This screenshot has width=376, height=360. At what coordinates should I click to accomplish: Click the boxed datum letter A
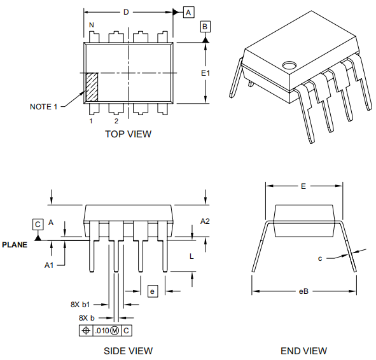pyautogui.click(x=188, y=12)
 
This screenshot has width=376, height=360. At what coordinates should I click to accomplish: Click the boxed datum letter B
pyautogui.click(x=205, y=26)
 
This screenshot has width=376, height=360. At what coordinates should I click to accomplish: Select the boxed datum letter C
pyautogui.click(x=38, y=224)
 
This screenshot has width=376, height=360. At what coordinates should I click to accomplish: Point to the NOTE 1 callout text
pyautogui.click(x=43, y=106)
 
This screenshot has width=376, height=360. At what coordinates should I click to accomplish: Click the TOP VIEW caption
pyautogui.click(x=128, y=134)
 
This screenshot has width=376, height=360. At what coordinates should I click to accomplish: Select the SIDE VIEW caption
pyautogui.click(x=128, y=350)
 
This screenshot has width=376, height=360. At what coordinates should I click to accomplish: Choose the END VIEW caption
pyautogui.click(x=303, y=350)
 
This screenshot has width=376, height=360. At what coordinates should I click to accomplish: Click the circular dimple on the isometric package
pyautogui.click(x=290, y=65)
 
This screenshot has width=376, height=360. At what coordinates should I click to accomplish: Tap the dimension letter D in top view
pyautogui.click(x=126, y=12)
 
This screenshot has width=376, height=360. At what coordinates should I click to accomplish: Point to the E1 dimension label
pyautogui.click(x=205, y=73)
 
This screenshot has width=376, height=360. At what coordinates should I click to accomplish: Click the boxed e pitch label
pyautogui.click(x=152, y=291)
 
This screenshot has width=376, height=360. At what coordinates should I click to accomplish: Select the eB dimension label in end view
pyautogui.click(x=303, y=291)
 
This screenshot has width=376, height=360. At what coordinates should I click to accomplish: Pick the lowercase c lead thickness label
pyautogui.click(x=321, y=258)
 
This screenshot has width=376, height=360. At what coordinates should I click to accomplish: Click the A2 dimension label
pyautogui.click(x=205, y=221)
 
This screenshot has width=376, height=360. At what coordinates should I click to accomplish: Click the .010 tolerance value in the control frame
pyautogui.click(x=101, y=331)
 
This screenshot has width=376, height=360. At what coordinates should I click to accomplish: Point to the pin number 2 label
pyautogui.click(x=116, y=121)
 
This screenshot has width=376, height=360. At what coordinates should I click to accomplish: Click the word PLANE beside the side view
pyautogui.click(x=15, y=244)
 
